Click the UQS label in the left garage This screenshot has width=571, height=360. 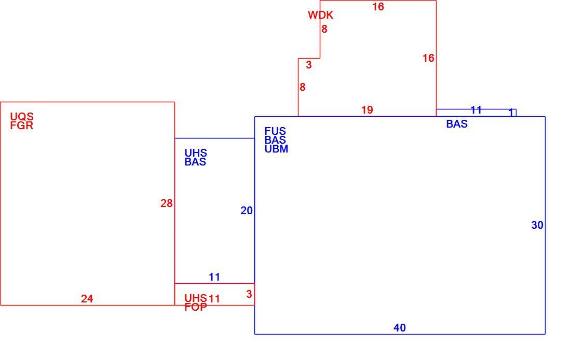coord(22,117)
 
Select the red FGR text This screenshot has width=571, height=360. coord(22,126)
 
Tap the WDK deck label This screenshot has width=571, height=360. coord(320,15)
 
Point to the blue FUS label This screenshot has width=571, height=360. coord(275,131)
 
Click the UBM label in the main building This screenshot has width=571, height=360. coord(276,149)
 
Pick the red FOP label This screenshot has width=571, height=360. coord(196,307)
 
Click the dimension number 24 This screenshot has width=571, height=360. coord(87,299)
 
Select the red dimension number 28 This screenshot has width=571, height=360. coord(167,203)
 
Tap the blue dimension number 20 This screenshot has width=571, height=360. coord(247,211)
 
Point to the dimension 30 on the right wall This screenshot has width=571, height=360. coord(537,225)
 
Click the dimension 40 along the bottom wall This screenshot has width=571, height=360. coord(400,328)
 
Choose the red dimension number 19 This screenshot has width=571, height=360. coord(367,110)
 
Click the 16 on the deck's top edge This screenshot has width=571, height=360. coord(378,7)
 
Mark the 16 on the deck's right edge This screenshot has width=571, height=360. coord(428,58)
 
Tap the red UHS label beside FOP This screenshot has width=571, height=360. coord(196,298)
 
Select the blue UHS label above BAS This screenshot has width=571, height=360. coord(196,153)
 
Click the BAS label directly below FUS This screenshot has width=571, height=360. coord(275,140)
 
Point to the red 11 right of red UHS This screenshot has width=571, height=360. coord(214,299)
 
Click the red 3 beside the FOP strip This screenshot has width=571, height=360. coord(249,294)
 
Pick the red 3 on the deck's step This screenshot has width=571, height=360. coord(309,65)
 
